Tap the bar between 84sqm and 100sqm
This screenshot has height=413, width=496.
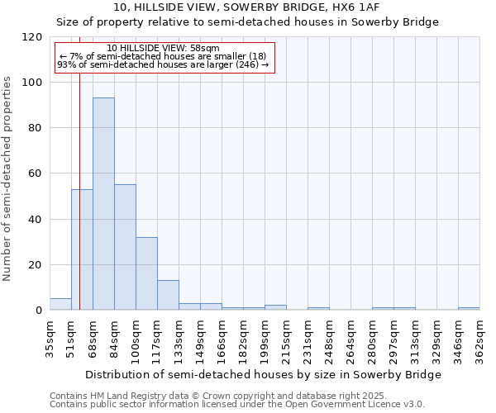(125, 247)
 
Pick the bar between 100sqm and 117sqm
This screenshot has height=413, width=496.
(146, 273)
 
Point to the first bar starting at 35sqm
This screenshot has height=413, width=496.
(60, 304)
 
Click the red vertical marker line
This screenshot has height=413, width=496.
(79, 165)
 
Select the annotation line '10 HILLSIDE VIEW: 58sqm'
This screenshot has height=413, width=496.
(164, 49)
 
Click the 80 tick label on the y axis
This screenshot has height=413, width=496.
(36, 128)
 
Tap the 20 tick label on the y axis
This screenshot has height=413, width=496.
(36, 265)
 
